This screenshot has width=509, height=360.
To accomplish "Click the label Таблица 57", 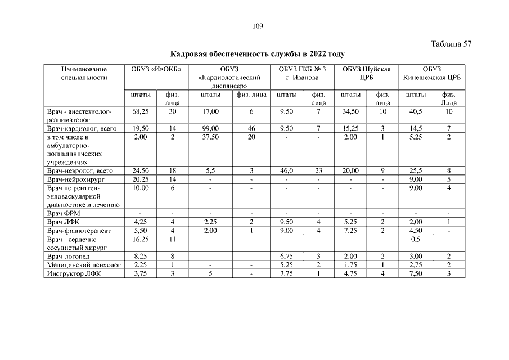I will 451,44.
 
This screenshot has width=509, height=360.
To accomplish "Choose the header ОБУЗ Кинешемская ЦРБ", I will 432,73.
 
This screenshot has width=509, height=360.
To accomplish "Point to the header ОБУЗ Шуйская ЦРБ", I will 367,73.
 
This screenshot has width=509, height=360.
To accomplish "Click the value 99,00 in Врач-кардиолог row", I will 211,129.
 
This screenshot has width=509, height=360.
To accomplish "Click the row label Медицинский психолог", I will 84,265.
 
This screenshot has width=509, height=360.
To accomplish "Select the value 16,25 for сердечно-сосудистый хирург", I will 140,239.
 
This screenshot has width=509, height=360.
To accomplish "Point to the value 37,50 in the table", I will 211,137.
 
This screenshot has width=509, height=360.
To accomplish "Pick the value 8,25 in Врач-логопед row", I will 140,256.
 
